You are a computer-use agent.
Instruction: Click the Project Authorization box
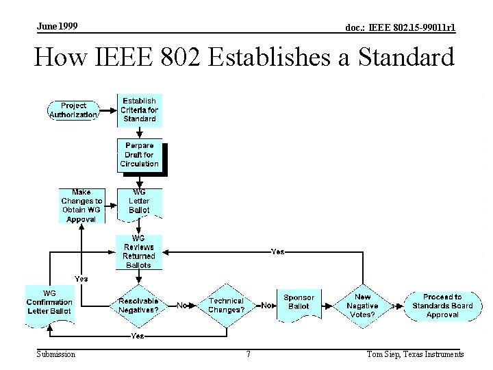tap(73, 110)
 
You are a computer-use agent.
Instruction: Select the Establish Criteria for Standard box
tap(139, 110)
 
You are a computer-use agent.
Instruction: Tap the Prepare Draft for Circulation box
tap(139, 155)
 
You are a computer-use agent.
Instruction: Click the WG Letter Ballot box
tap(139, 201)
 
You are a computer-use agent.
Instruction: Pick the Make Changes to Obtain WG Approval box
tap(81, 206)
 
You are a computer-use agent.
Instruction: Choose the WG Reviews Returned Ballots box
tap(139, 251)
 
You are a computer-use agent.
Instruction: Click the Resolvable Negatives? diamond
tap(138, 306)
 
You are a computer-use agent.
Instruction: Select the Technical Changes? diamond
tap(226, 306)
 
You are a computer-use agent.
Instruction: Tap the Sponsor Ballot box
tap(299, 302)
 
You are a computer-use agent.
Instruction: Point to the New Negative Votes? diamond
tap(362, 306)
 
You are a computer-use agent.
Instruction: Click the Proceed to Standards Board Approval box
tap(442, 306)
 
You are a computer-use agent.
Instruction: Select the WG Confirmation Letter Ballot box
tap(49, 302)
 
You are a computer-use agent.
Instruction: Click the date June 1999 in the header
tap(57, 26)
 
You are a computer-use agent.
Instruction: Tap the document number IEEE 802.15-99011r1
tap(401, 27)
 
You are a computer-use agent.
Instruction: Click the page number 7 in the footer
tap(248, 354)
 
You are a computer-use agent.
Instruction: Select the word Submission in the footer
tap(56, 354)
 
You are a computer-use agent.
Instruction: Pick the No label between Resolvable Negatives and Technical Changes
tap(182, 305)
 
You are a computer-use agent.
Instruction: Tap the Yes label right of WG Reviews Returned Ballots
tap(277, 251)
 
